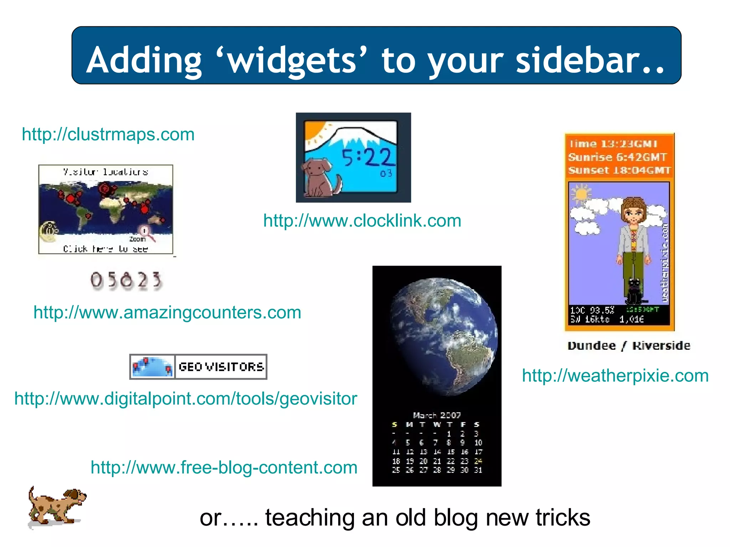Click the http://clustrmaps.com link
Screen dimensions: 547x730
tap(108, 135)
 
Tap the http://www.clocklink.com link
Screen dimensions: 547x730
tap(362, 221)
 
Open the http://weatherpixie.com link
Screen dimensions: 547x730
tap(615, 376)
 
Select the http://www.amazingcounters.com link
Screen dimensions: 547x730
tap(167, 313)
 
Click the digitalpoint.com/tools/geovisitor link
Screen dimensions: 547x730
tap(185, 398)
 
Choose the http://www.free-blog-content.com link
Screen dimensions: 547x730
tap(224, 468)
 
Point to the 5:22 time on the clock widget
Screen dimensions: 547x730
tap(367, 157)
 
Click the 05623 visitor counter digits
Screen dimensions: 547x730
tap(126, 280)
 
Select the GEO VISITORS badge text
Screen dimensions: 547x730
tap(221, 367)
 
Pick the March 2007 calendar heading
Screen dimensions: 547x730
tap(437, 415)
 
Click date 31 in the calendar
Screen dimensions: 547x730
tap(478, 470)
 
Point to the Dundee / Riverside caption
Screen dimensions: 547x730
tap(629, 346)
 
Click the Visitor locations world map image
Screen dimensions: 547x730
tap(106, 209)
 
